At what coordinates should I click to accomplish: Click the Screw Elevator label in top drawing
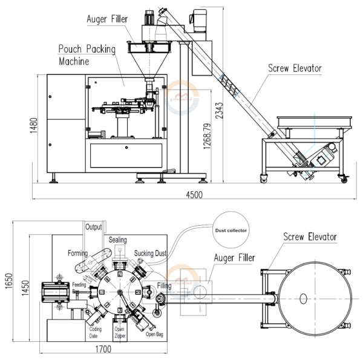click(307, 237)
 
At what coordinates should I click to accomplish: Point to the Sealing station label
click(117, 240)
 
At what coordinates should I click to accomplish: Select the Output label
click(93, 227)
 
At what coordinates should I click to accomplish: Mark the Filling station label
click(163, 284)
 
